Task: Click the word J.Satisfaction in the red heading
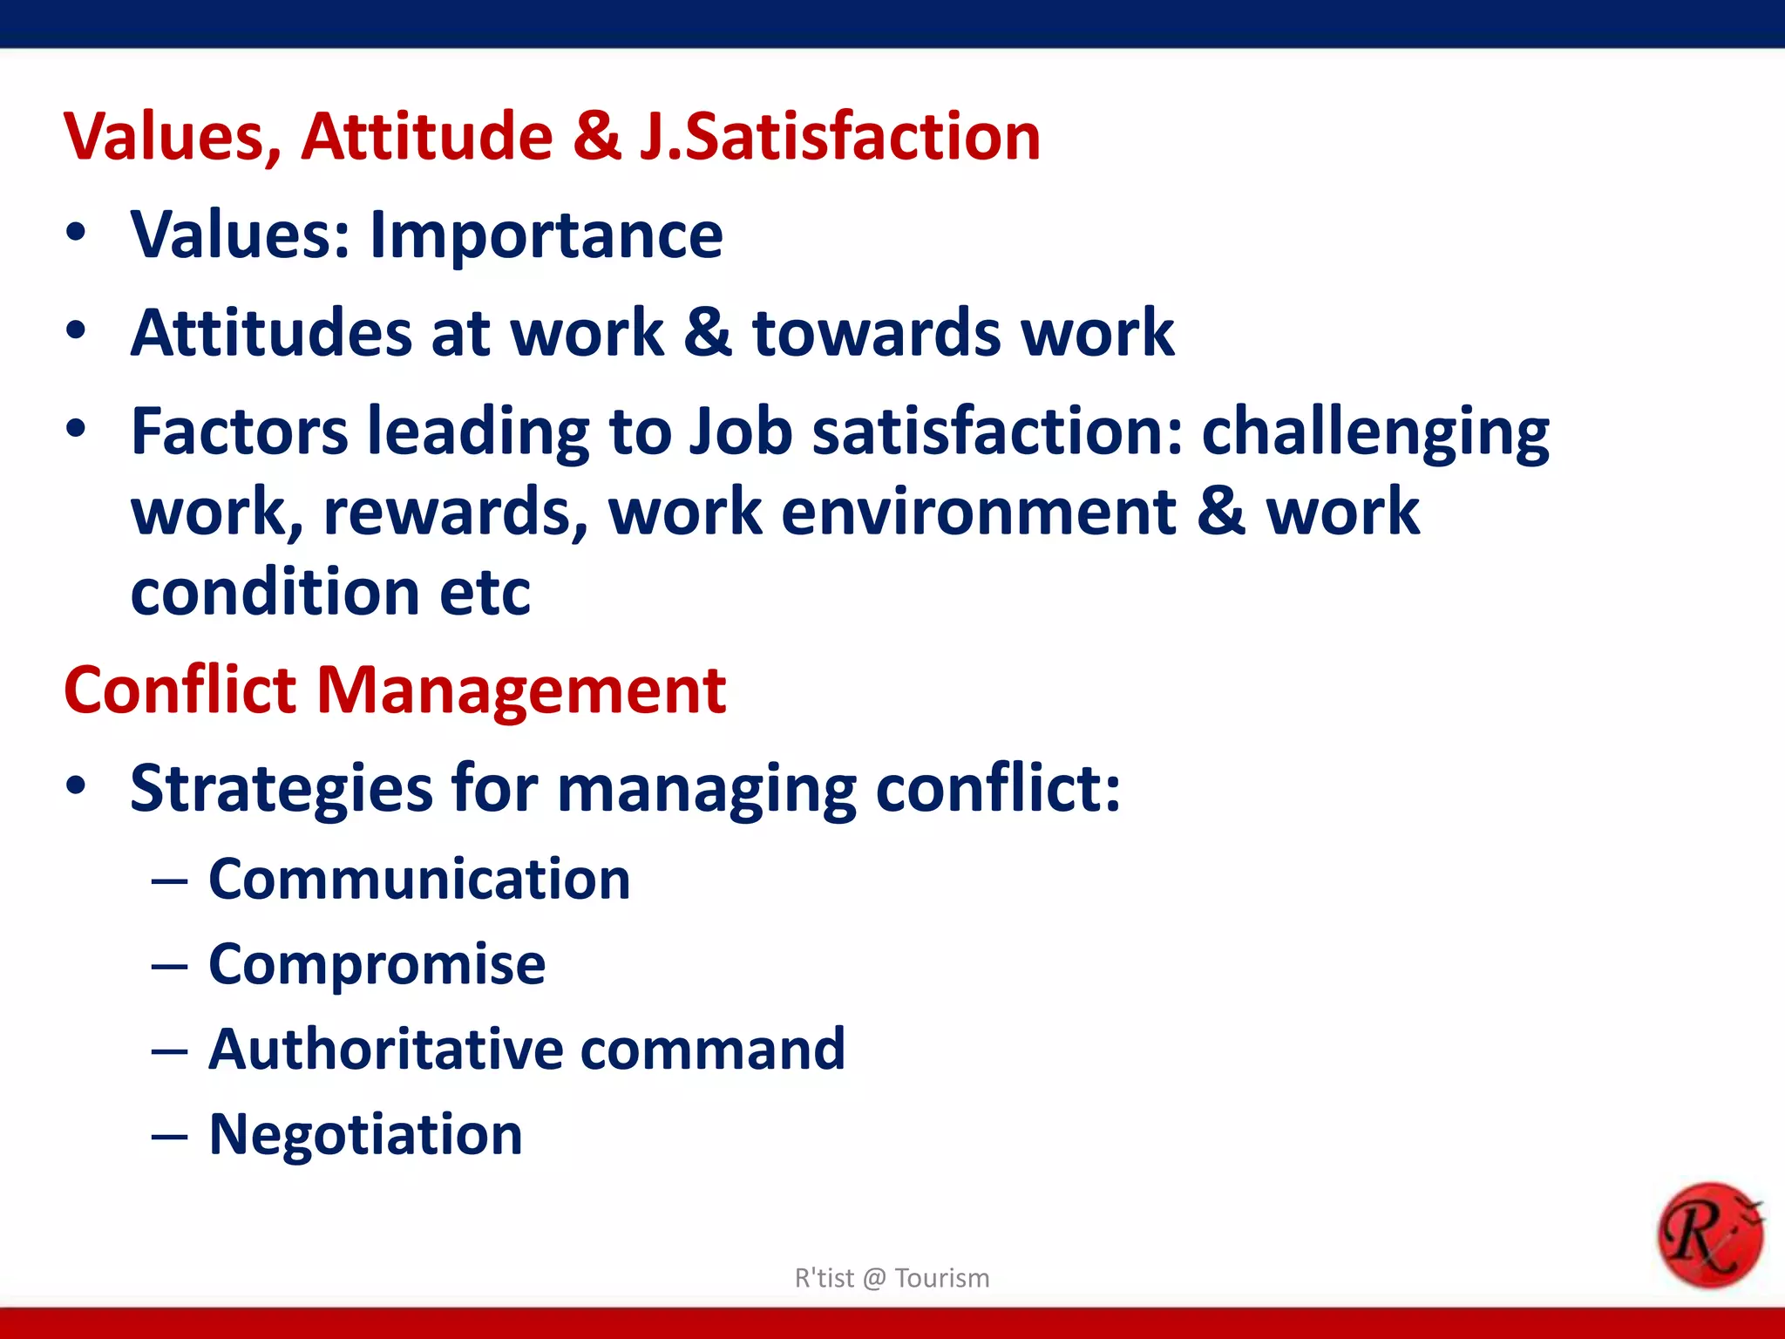839,138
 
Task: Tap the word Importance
546,236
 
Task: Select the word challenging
1375,433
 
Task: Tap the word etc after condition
485,593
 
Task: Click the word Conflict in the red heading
180,690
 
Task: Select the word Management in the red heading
520,690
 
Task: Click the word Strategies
281,789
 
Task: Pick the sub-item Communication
419,879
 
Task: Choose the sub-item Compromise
377,964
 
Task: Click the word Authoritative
385,1049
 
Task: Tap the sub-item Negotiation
365,1134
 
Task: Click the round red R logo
1709,1235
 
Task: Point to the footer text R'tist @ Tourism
892,1278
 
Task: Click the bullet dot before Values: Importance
77,233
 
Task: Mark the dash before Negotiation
169,1137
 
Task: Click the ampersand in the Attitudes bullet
708,333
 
